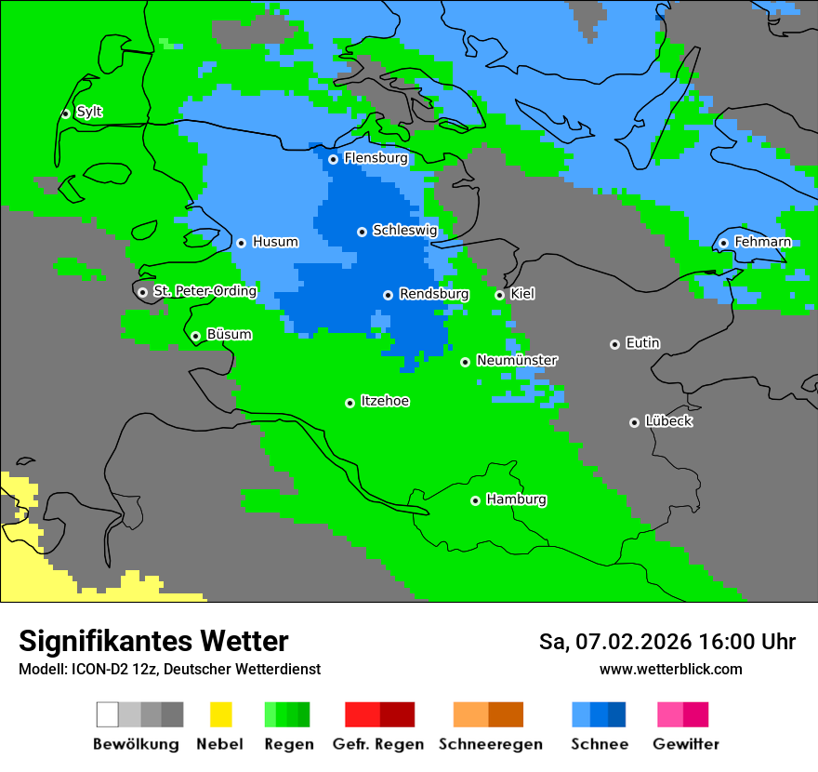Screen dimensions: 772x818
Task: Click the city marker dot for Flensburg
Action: pos(333,159)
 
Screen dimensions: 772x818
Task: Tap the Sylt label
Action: pos(89,112)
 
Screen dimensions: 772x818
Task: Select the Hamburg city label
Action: pos(516,499)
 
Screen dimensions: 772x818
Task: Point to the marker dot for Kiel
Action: pos(499,295)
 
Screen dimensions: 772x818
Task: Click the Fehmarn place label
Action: pos(762,242)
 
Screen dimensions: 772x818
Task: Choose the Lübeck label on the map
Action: pos(668,421)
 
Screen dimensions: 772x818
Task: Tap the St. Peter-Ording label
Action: pos(204,291)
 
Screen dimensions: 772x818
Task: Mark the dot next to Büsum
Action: pos(195,336)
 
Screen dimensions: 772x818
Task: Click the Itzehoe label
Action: pos(385,401)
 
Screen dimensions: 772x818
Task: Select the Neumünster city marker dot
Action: pos(465,362)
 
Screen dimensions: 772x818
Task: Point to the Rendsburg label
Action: pos(433,294)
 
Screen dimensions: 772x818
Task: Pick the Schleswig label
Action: pos(404,230)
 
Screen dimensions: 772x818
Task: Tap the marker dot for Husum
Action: pos(241,243)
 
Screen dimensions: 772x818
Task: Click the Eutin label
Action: pos(642,343)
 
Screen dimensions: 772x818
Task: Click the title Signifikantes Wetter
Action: pos(153,641)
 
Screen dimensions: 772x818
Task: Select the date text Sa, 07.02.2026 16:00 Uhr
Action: pos(666,642)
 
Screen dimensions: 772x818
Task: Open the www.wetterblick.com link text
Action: pos(670,669)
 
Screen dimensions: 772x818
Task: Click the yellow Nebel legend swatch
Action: pos(220,714)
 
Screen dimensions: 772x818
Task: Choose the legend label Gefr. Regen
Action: pos(378,744)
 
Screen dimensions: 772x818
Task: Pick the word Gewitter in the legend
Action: pos(685,744)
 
